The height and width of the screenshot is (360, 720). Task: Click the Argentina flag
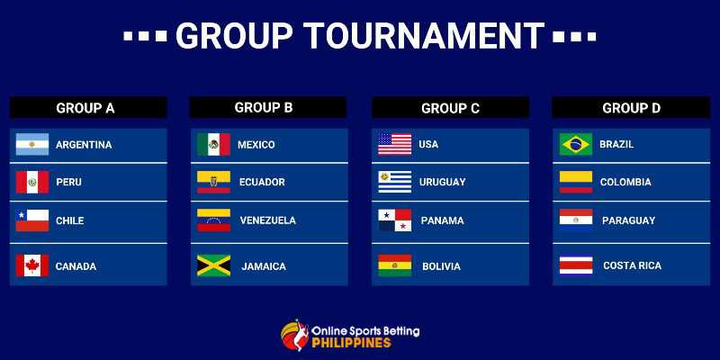pos(32,144)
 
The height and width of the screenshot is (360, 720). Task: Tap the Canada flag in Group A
pos(32,265)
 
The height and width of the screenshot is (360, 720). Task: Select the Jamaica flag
pos(214,265)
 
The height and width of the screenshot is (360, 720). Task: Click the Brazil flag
pos(576,144)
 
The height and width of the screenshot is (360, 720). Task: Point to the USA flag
pos(394,144)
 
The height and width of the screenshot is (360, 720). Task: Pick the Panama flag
pos(394,220)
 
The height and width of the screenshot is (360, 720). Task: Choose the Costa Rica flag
pos(576,265)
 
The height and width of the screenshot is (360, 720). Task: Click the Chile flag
pos(32,220)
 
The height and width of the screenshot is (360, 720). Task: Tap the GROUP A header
pos(88,108)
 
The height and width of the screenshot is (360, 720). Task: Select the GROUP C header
pos(450,108)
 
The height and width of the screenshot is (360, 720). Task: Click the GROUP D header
pos(631,108)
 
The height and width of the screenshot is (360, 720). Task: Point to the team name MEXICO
pos(256,145)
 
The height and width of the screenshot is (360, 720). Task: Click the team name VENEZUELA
pos(267,220)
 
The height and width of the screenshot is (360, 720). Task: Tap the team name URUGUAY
pos(443,183)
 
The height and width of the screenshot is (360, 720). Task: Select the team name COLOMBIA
pos(625,183)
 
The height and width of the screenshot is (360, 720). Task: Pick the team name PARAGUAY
pos(628,220)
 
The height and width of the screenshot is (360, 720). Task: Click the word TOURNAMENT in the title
pos(424,36)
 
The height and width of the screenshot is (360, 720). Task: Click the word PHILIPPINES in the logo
pos(352,343)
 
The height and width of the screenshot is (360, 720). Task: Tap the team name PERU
pos(68,183)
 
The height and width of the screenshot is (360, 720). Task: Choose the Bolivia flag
pos(394,265)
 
